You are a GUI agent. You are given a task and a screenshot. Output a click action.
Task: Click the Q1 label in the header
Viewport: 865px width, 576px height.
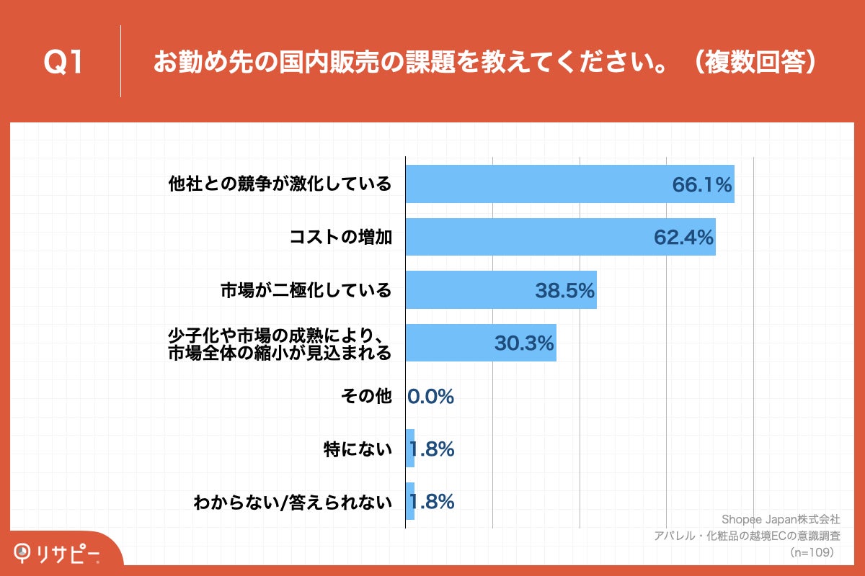pyautogui.click(x=63, y=63)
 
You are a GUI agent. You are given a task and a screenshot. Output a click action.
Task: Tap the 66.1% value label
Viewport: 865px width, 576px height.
pyautogui.click(x=702, y=185)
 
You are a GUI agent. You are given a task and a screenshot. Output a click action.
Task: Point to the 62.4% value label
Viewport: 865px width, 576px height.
pyautogui.click(x=683, y=237)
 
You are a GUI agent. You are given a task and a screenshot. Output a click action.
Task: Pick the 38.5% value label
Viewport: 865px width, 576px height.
pyautogui.click(x=564, y=290)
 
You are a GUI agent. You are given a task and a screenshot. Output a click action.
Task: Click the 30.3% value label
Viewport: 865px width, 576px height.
pyautogui.click(x=524, y=343)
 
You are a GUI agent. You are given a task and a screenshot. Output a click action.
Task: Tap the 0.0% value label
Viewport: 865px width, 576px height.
pyautogui.click(x=430, y=396)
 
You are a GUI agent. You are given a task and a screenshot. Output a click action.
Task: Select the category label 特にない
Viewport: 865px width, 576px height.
pyautogui.click(x=358, y=449)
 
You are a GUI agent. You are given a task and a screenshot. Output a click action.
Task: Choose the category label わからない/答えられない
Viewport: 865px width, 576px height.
pyautogui.click(x=293, y=502)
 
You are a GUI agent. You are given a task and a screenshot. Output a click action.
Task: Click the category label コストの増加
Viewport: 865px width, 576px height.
pyautogui.click(x=340, y=237)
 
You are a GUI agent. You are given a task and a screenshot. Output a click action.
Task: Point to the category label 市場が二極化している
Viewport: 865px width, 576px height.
pyautogui.click(x=306, y=290)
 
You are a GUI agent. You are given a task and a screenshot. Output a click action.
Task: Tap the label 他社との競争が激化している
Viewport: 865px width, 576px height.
pyautogui.click(x=280, y=184)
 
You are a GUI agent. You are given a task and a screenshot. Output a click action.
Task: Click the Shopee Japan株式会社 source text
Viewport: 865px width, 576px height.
pyautogui.click(x=780, y=518)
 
